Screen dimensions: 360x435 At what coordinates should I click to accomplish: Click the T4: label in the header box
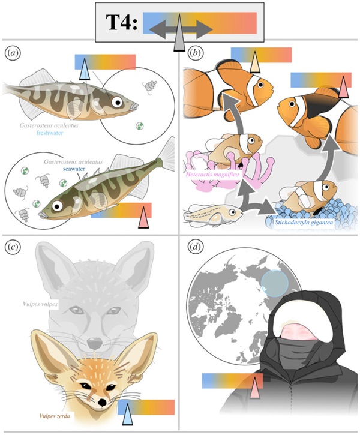click(x=121, y=22)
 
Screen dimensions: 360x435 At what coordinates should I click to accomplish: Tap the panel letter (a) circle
click(x=13, y=53)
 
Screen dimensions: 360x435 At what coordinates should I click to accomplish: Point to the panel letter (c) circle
click(x=13, y=247)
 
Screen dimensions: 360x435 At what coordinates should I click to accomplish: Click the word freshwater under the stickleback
click(x=50, y=133)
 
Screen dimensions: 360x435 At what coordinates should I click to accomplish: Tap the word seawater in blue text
click(x=73, y=169)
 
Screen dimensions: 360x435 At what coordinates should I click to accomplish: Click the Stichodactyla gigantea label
click(x=304, y=222)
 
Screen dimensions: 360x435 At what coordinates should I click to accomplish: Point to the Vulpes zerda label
click(x=55, y=416)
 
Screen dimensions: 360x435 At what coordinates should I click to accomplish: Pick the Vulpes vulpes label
click(x=40, y=304)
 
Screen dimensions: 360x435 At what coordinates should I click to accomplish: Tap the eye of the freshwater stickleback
click(x=118, y=103)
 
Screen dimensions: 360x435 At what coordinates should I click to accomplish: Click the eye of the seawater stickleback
click(x=58, y=206)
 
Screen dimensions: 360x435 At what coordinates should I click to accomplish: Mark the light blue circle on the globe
click(x=275, y=283)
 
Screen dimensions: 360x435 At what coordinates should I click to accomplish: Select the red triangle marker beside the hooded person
click(x=254, y=388)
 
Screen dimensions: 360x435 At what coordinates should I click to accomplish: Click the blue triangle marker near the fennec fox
click(x=127, y=414)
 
